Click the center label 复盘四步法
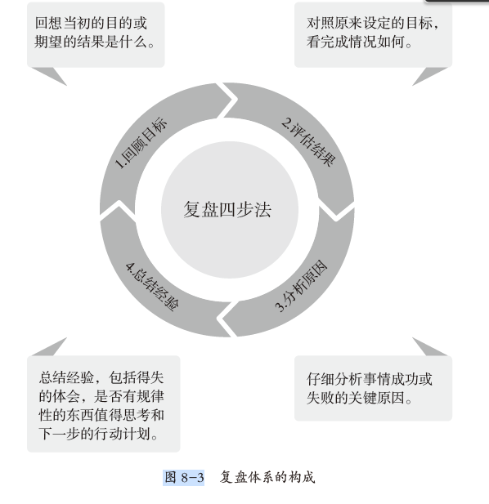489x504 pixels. tap(227, 210)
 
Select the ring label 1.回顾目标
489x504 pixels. tap(141, 143)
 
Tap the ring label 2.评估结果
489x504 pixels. tap(308, 142)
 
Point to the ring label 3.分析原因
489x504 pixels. tap(301, 285)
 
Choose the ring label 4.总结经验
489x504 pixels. tap(152, 287)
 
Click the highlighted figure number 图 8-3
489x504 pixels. tap(184, 477)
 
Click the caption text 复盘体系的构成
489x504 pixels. tap(267, 477)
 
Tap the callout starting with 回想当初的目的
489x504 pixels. tap(96, 34)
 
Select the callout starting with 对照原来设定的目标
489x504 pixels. tap(373, 34)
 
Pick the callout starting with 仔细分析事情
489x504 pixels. tap(373, 388)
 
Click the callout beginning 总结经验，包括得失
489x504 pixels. tap(104, 404)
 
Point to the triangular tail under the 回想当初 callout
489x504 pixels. tap(49, 76)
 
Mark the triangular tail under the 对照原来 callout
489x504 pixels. tap(430, 76)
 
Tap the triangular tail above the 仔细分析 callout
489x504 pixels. tap(430, 346)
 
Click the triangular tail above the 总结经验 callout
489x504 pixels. tap(49, 346)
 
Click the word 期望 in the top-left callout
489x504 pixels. tap(48, 42)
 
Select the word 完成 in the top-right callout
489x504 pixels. tap(334, 42)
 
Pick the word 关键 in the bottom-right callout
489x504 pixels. tap(363, 398)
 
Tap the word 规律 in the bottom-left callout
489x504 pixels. tap(150, 396)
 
